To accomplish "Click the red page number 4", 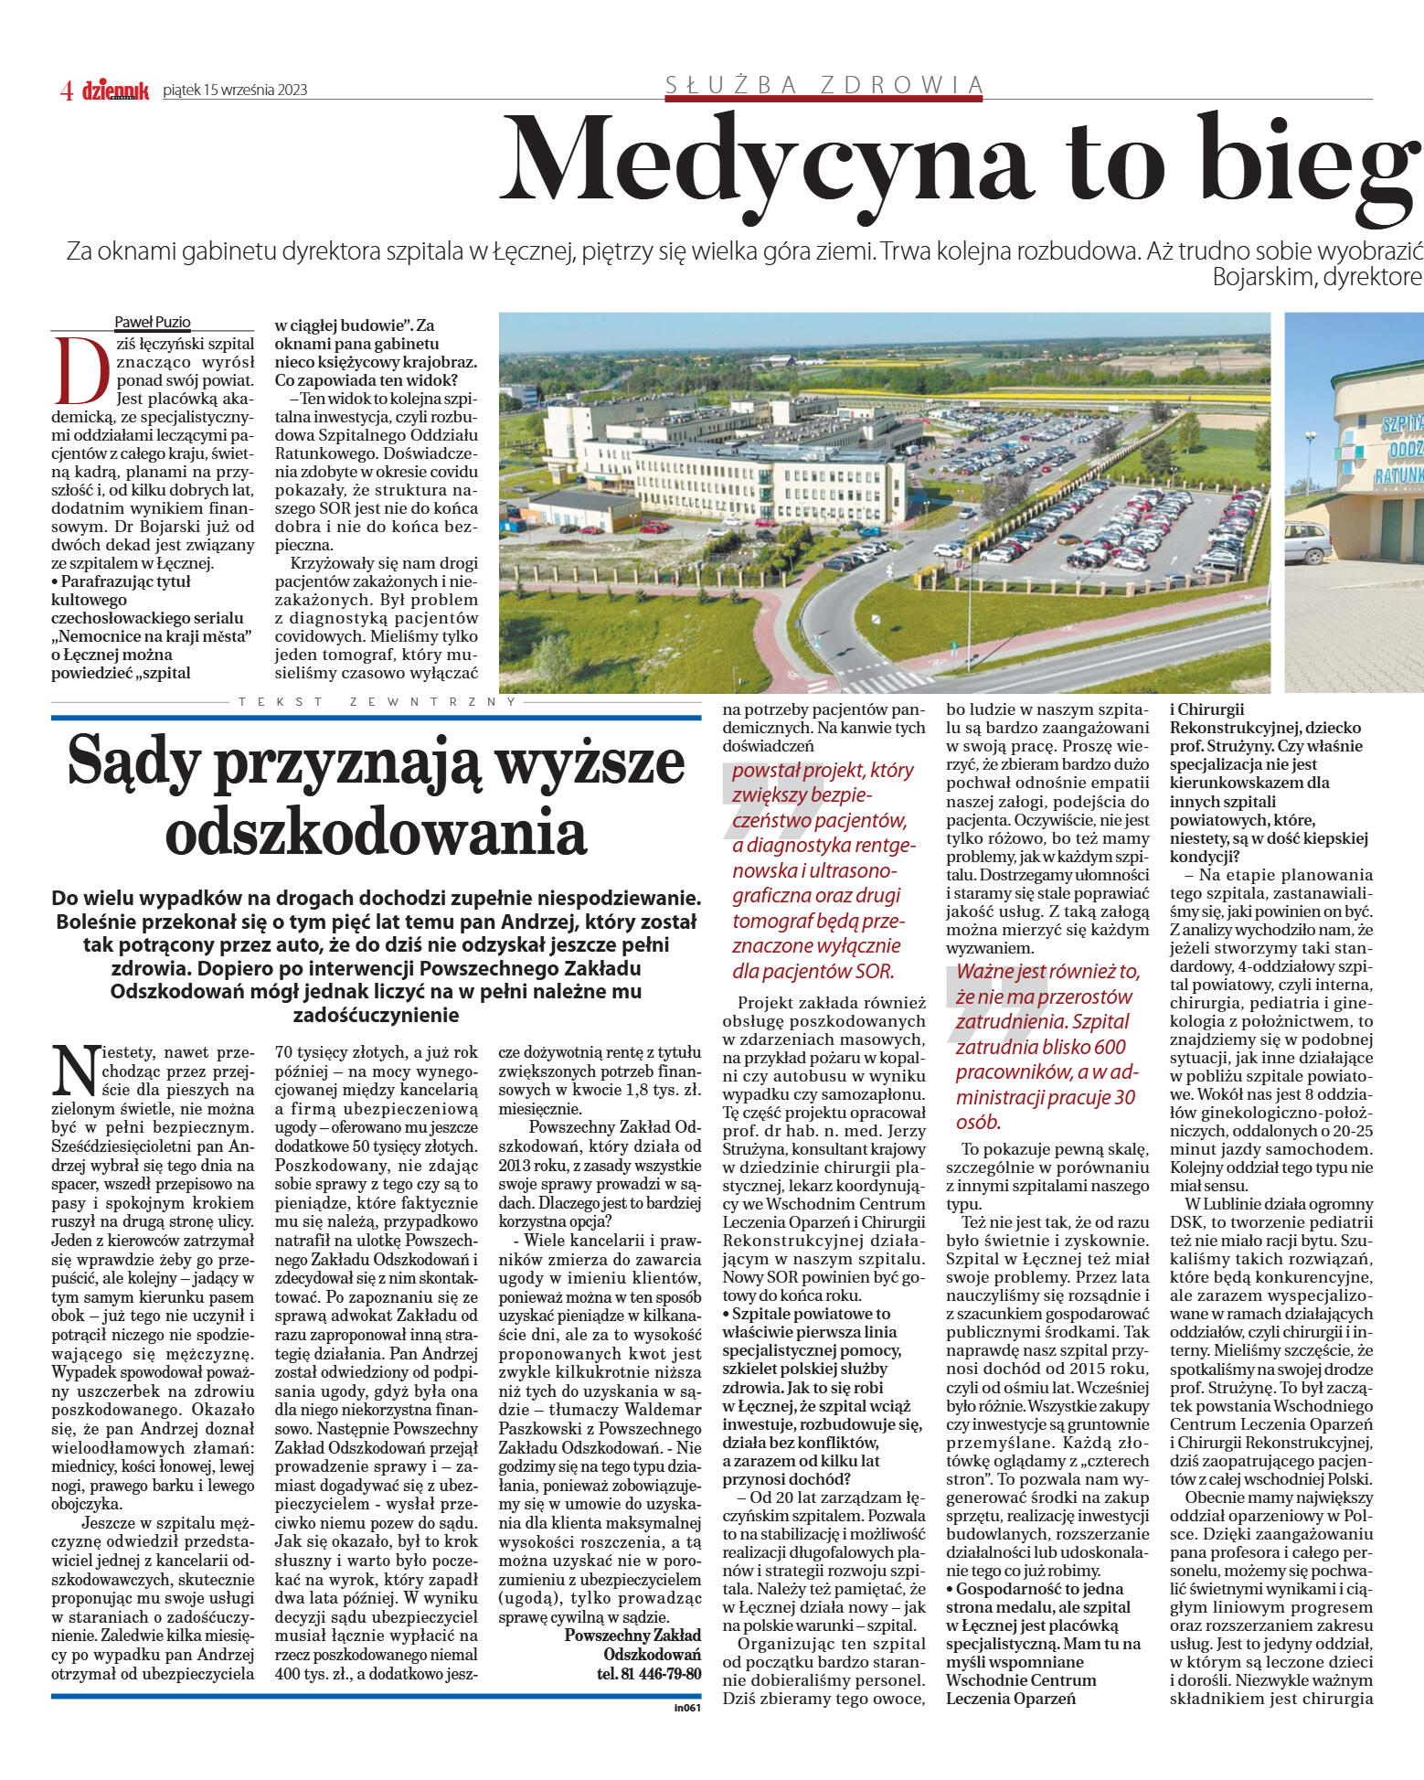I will click(x=67, y=91).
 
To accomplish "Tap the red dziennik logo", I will click(x=115, y=91).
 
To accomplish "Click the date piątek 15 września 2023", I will click(x=235, y=90).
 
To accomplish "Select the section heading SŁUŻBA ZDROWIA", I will click(x=824, y=85).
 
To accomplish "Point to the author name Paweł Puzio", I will click(x=152, y=322).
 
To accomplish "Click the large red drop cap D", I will click(x=82, y=371).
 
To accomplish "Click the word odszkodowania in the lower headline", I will click(x=376, y=832).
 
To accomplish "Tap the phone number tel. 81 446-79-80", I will click(x=649, y=1673).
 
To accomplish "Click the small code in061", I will click(x=687, y=1707).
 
